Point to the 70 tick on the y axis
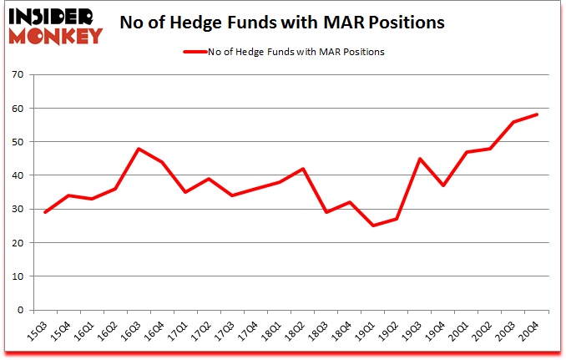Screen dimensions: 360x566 pos(17,75)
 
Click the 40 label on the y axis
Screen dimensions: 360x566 pos(17,175)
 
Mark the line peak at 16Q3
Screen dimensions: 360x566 pos(139,149)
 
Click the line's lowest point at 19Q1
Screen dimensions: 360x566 pos(373,226)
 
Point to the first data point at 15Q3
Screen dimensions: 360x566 pos(45,212)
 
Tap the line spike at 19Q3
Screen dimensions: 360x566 pos(420,159)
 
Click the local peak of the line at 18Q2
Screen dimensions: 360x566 pos(303,169)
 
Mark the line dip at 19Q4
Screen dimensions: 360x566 pos(443,185)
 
